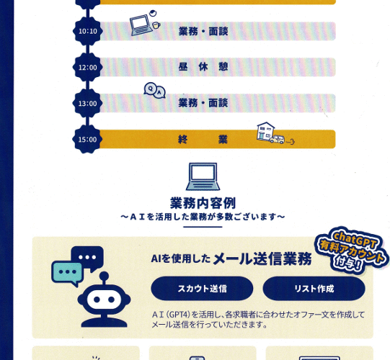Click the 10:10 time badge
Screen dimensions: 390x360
[x=87, y=31]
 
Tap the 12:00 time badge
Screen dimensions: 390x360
[x=87, y=67]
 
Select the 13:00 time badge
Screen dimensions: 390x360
[x=87, y=103]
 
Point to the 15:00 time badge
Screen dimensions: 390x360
[x=87, y=139]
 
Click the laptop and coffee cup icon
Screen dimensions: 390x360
[x=145, y=23]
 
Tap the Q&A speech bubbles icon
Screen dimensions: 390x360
[x=155, y=90]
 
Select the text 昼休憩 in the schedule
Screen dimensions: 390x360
[x=203, y=67]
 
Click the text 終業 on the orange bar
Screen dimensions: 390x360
[x=203, y=140]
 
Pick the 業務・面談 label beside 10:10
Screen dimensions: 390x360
[x=203, y=31]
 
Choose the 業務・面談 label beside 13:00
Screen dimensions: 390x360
[x=203, y=103]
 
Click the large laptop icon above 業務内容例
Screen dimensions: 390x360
[x=203, y=176]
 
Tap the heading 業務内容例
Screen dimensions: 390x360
[x=203, y=203]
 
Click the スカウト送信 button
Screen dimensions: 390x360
[x=202, y=289]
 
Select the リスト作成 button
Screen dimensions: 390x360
[x=314, y=289]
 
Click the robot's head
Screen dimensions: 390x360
[x=104, y=300]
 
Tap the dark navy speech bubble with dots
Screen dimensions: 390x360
[x=87, y=258]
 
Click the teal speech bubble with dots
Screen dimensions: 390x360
[x=67, y=274]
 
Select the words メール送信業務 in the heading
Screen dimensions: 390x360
[x=262, y=258]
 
